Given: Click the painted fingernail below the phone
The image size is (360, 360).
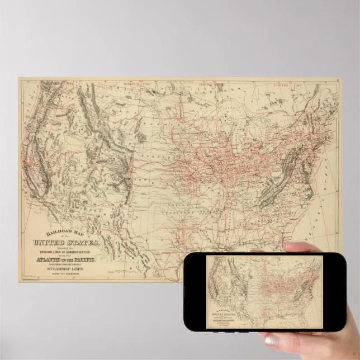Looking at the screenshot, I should click(x=272, y=340).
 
